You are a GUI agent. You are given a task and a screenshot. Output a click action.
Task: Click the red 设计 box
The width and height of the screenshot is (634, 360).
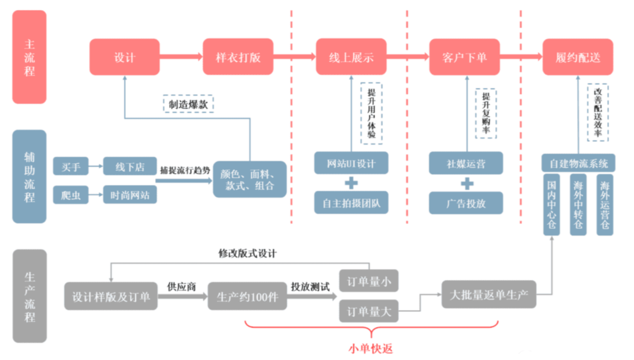124,57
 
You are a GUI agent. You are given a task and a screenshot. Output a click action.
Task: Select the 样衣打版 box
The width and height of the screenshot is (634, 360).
238,57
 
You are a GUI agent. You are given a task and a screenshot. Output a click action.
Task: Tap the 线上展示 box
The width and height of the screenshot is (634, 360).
351,57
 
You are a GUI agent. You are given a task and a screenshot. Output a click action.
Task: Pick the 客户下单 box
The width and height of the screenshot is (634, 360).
464,57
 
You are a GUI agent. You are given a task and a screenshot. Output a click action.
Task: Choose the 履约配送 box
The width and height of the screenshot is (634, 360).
578,57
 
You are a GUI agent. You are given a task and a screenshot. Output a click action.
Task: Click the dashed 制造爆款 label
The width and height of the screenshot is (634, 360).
188,104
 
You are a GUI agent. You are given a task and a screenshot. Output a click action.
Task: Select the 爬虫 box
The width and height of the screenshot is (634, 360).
70,195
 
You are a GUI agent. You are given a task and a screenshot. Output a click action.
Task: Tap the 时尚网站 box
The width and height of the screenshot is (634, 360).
129,195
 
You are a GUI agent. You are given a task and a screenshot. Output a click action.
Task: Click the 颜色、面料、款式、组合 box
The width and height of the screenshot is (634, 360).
249,179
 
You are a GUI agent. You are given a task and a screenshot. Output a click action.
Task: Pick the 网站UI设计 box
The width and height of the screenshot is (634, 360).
351,163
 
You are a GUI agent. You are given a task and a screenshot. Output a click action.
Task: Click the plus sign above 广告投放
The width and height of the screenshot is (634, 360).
465,183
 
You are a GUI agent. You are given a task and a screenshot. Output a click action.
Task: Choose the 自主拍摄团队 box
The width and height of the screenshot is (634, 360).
351,202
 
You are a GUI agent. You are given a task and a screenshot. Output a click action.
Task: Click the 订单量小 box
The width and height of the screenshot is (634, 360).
368,281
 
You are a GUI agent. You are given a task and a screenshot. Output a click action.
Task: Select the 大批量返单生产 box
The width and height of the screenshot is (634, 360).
489,294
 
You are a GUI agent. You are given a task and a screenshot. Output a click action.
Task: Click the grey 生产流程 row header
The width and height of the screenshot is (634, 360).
30,296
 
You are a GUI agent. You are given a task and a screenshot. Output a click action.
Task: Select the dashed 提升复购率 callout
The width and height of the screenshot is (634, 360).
486,113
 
